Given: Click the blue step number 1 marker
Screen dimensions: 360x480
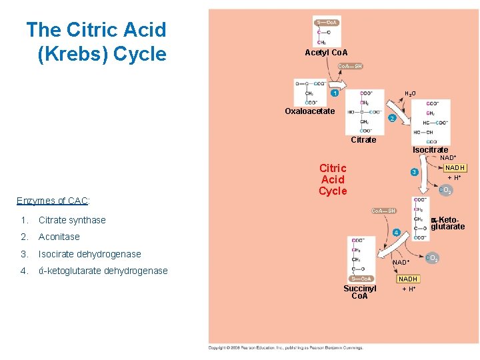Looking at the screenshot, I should tap(335, 93).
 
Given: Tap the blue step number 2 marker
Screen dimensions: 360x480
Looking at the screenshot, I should tap(392, 118).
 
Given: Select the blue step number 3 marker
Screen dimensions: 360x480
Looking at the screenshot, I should tap(413, 173).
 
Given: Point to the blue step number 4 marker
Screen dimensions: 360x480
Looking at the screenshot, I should tap(397, 232).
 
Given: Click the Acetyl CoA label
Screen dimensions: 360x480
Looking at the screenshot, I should tap(326, 52).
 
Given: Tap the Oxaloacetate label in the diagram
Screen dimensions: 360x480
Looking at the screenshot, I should tap(310, 111).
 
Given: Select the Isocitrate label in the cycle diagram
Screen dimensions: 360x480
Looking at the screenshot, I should tap(430, 149).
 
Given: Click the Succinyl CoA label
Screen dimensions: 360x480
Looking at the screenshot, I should tap(360, 292).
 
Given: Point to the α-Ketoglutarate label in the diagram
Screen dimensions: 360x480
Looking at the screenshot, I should tap(447, 223).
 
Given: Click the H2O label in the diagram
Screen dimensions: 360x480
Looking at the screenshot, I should tap(411, 93).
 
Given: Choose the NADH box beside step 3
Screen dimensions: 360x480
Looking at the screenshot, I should tap(455, 168).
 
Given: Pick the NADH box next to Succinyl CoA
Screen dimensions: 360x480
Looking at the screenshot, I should tap(408, 279).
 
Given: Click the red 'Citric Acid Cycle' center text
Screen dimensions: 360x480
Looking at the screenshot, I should tap(333, 179).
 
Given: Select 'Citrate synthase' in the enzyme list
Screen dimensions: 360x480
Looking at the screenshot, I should tap(72, 220).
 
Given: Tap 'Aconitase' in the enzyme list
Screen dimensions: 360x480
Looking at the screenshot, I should tap(59, 237).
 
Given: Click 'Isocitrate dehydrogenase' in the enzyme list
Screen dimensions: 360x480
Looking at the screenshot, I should tap(89, 254).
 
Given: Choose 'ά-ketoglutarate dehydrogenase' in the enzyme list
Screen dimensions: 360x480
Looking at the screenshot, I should tap(103, 271).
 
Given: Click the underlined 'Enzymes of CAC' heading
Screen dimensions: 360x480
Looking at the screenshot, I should tap(53, 201).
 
